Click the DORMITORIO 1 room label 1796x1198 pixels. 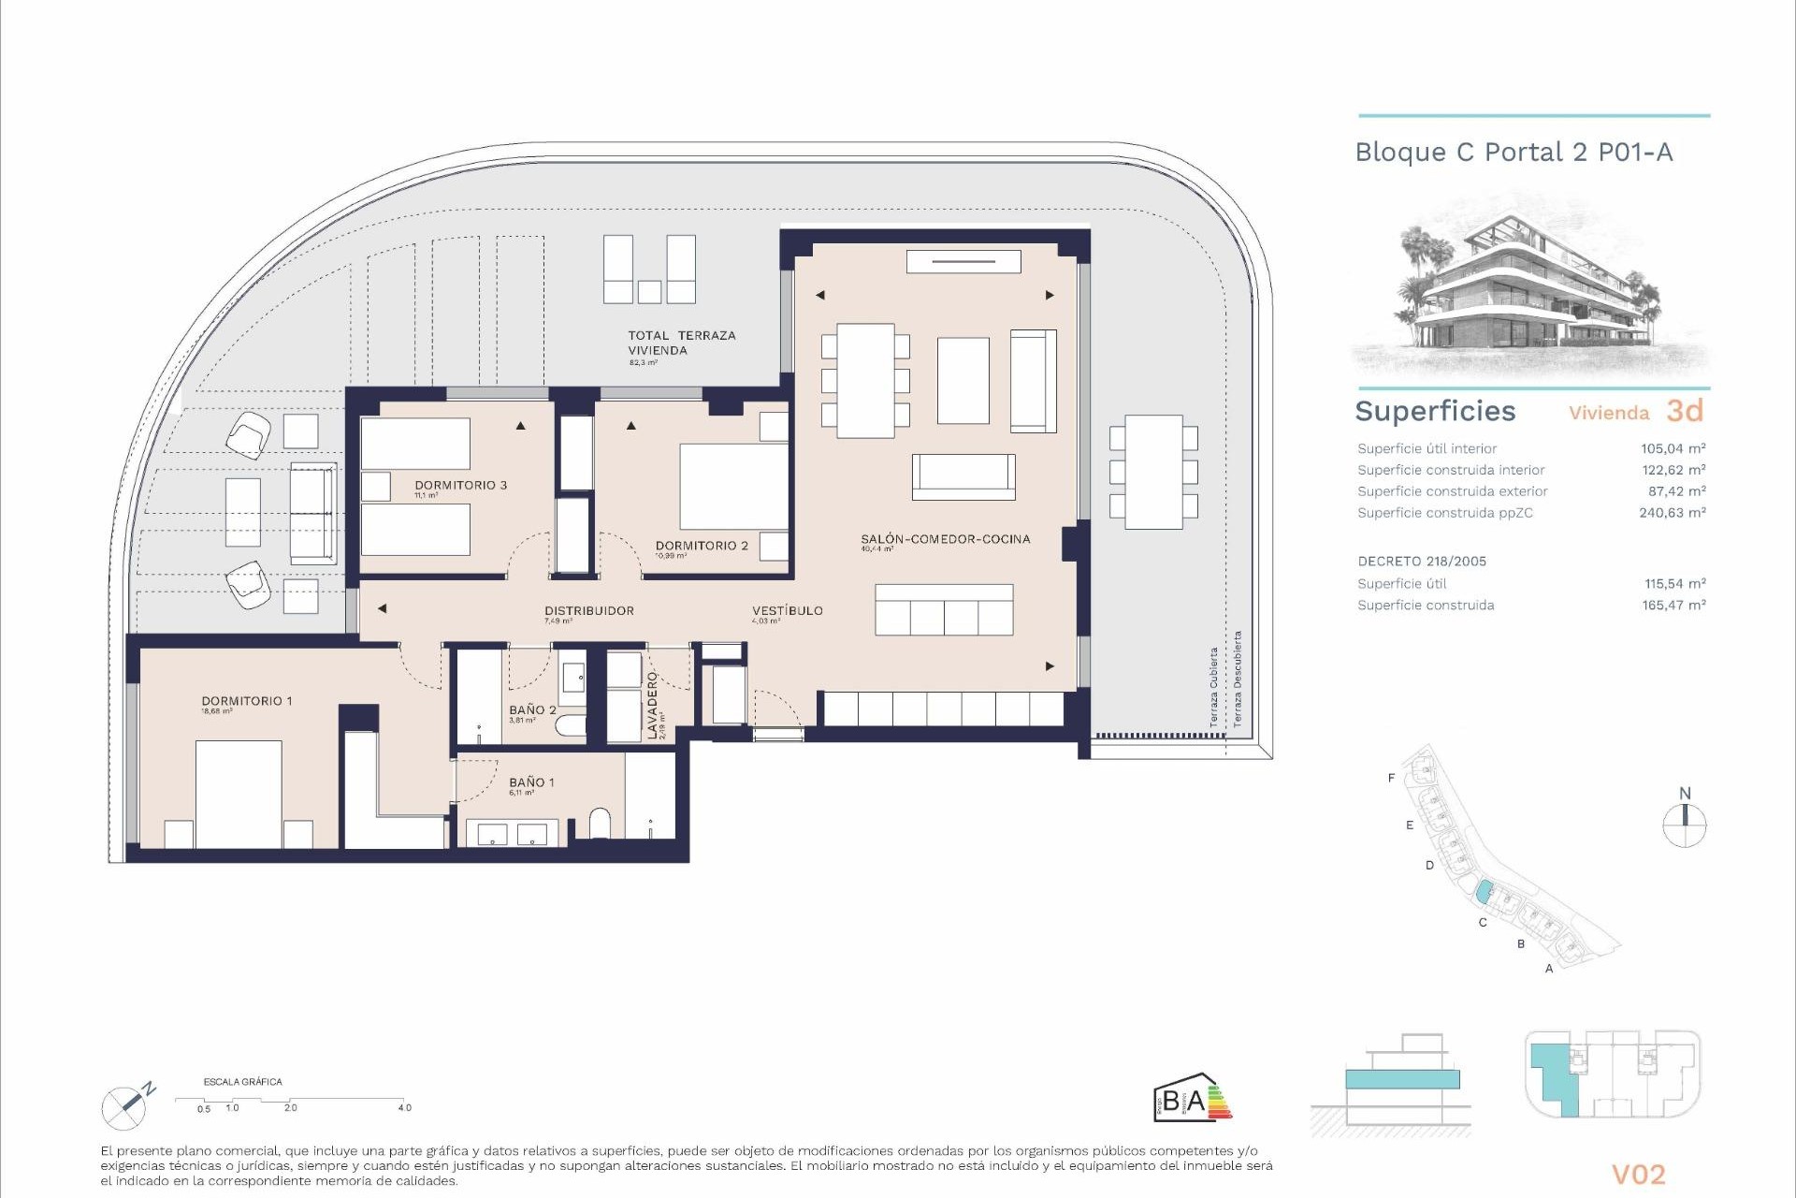click(247, 701)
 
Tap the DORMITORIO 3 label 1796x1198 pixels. click(460, 485)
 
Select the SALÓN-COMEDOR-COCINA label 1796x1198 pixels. click(945, 539)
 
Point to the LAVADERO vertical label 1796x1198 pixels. click(653, 705)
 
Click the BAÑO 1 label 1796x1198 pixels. click(531, 782)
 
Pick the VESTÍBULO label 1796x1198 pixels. click(787, 610)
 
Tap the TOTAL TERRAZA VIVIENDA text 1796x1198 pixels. click(681, 343)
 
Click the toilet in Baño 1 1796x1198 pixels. click(600, 824)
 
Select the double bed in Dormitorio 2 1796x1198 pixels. click(733, 487)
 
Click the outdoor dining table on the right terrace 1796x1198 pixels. click(1153, 472)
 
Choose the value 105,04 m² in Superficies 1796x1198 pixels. click(1673, 448)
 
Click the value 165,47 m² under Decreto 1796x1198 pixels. click(1673, 606)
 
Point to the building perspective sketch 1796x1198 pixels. click(1530, 290)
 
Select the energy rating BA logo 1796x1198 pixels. click(1192, 1097)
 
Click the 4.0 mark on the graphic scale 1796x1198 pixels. click(404, 1107)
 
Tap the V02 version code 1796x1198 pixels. click(1638, 1175)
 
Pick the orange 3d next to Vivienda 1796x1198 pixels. click(1685, 410)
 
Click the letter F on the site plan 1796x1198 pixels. click(1391, 778)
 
